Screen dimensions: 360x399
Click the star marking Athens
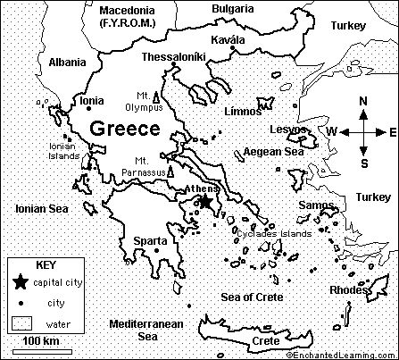tap(205, 203)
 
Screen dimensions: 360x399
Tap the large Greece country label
tap(125, 129)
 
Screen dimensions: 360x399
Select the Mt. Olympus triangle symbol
tap(157, 97)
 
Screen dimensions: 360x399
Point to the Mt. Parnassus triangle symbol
tap(170, 170)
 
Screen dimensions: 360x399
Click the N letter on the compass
tap(362, 102)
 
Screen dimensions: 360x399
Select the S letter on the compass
tap(363, 163)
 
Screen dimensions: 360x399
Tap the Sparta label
tap(149, 241)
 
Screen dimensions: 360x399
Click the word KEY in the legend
tap(44, 265)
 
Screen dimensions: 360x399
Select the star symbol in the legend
tap(20, 283)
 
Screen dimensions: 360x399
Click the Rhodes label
tap(348, 289)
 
